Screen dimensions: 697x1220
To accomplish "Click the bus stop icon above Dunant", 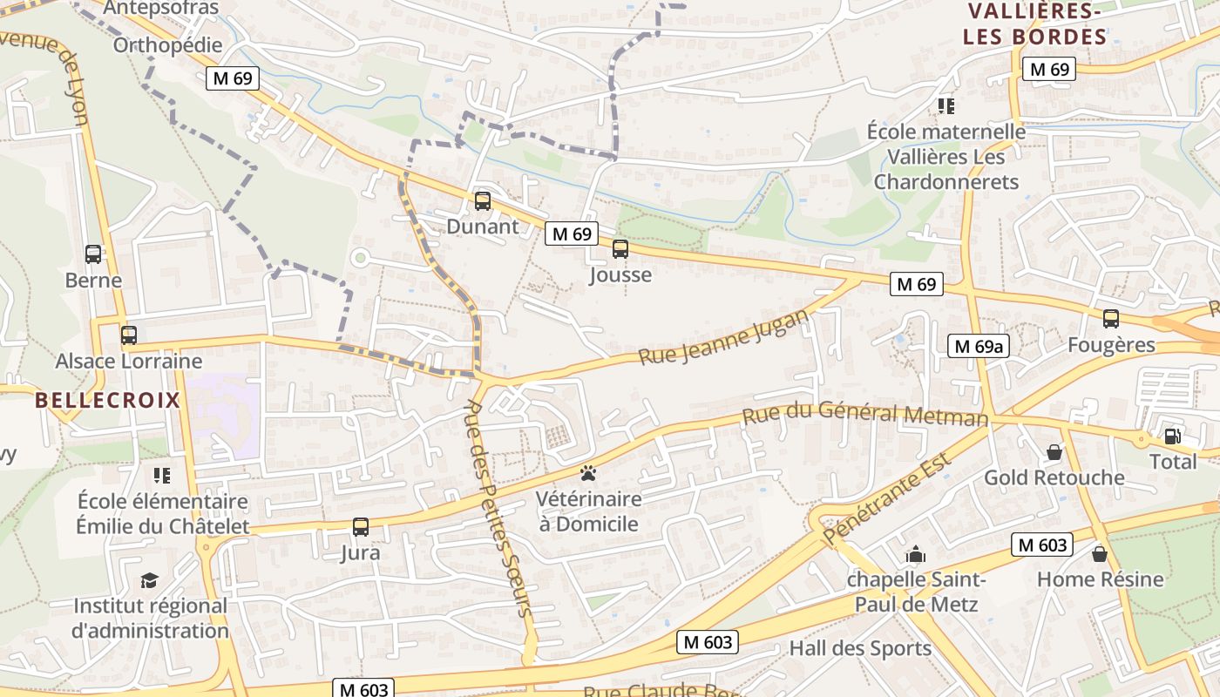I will (482, 201).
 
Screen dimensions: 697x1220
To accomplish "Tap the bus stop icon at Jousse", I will (620, 249).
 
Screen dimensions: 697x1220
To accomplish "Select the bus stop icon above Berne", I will (93, 254).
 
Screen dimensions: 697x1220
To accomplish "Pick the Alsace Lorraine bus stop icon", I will (129, 335).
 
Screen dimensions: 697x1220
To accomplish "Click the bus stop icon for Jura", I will (361, 526).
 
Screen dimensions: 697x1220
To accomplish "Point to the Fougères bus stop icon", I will (1111, 319).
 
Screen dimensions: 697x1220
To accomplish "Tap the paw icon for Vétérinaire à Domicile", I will (588, 474).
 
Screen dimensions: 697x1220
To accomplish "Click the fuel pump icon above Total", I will (1172, 436).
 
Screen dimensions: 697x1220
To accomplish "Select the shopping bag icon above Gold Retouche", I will (1054, 452).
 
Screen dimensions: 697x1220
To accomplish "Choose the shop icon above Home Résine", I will (1100, 553).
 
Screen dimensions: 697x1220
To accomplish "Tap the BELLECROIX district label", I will (108, 401).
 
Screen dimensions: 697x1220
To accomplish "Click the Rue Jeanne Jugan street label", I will (724, 338).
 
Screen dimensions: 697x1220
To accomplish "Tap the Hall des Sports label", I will (860, 648).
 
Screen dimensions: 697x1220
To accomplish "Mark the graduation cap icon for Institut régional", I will (150, 580).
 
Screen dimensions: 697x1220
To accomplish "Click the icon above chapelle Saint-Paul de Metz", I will (916, 554).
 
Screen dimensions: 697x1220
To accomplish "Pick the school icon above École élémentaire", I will (162, 476).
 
